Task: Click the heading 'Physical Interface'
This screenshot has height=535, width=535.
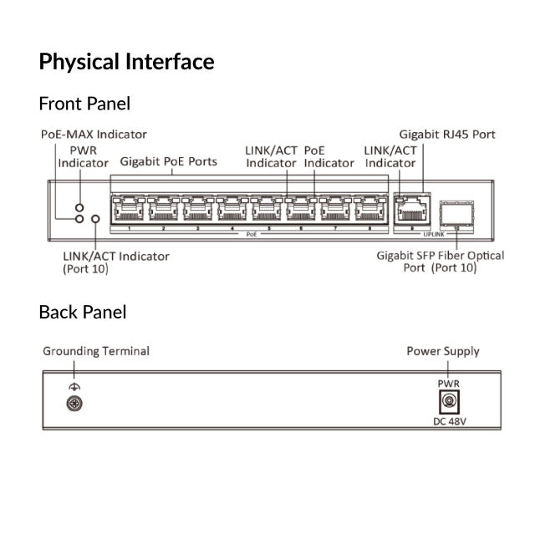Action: pos(126,62)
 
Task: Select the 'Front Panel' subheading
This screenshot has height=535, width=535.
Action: pos(84,104)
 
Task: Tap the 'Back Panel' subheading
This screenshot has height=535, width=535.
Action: pos(83,312)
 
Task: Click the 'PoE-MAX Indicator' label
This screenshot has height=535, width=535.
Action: pos(94,134)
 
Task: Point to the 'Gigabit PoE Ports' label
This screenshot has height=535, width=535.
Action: pos(169,161)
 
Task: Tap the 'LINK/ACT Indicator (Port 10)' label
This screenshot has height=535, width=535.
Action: pos(115,262)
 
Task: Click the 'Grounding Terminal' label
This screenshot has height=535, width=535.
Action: pos(96,351)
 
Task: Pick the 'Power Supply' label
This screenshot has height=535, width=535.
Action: pos(442,351)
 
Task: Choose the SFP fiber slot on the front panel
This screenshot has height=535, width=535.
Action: pos(456,213)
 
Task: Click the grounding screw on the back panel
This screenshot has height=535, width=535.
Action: pos(74,404)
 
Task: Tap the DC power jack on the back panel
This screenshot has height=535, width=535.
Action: pos(449,402)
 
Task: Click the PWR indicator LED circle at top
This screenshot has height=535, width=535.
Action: pos(79,206)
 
